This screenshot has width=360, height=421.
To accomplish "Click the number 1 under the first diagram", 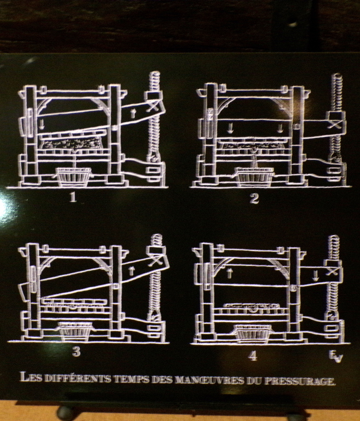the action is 73,197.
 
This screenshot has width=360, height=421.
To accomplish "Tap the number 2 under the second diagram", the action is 254,199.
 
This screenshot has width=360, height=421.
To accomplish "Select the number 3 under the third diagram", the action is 76,351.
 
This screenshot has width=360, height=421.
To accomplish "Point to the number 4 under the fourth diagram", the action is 253,356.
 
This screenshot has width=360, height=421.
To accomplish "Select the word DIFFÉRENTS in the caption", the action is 77,378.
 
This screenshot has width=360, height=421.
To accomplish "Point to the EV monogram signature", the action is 336,356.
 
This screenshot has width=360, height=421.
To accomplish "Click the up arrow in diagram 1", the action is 133,113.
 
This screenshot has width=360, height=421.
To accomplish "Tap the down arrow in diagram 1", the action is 42,124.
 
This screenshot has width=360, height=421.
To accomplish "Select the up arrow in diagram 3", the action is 132,271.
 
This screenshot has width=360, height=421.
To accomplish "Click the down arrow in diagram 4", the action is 316,276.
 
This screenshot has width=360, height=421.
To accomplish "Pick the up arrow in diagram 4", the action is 230,274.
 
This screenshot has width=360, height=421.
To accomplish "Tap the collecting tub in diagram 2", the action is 254,177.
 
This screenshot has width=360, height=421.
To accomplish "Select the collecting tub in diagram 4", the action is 252,333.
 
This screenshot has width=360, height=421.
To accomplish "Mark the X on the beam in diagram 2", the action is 336,124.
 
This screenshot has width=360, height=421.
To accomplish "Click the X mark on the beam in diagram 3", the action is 155,261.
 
